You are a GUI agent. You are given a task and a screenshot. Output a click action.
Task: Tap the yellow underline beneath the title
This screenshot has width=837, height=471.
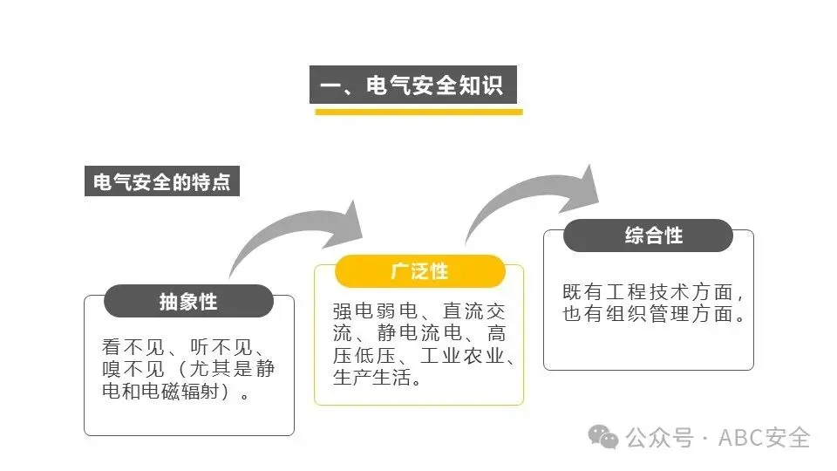418,112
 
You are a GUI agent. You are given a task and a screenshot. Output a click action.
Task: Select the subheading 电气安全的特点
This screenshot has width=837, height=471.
161,183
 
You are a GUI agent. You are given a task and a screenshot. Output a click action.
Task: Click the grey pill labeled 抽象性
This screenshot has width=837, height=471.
188,301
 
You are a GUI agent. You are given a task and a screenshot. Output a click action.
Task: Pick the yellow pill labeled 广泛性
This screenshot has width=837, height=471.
419,271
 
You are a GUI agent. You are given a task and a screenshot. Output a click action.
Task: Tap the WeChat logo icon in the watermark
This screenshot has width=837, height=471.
602,437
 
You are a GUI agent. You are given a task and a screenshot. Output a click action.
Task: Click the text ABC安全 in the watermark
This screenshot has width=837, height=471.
765,437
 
